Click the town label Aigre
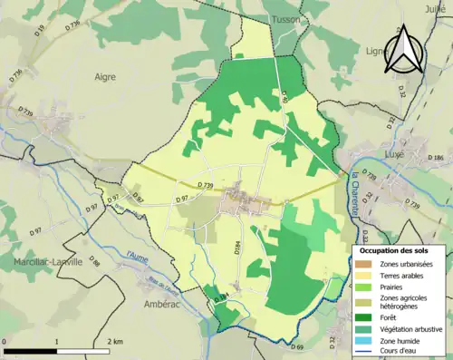click(106, 78)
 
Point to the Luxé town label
click(374, 155)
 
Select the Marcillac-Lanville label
click(43, 261)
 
